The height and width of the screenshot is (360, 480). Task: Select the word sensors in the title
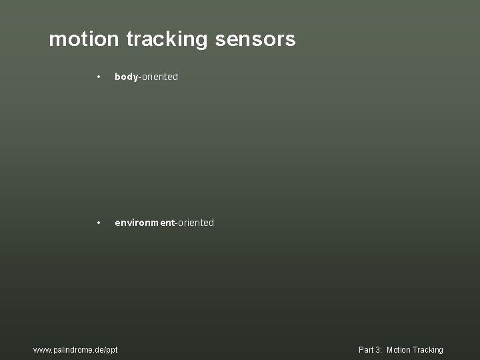[x=255, y=39]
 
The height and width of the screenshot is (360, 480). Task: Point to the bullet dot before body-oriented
[x=98, y=77]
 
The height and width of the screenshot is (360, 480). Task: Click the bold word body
[x=126, y=77]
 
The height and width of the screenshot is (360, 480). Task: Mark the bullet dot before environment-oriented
[x=98, y=223]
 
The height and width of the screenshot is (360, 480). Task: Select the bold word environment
[x=144, y=223]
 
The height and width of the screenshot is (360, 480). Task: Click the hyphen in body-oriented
[x=139, y=77]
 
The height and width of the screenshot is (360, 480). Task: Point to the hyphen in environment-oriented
[x=175, y=223]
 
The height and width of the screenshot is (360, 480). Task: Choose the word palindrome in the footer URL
[x=71, y=350]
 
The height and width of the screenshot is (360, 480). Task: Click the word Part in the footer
[x=366, y=350]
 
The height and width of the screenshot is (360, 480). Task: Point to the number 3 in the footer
[x=378, y=350]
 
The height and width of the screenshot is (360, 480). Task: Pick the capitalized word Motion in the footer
[x=399, y=350]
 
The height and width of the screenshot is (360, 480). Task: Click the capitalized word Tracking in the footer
[x=428, y=350]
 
